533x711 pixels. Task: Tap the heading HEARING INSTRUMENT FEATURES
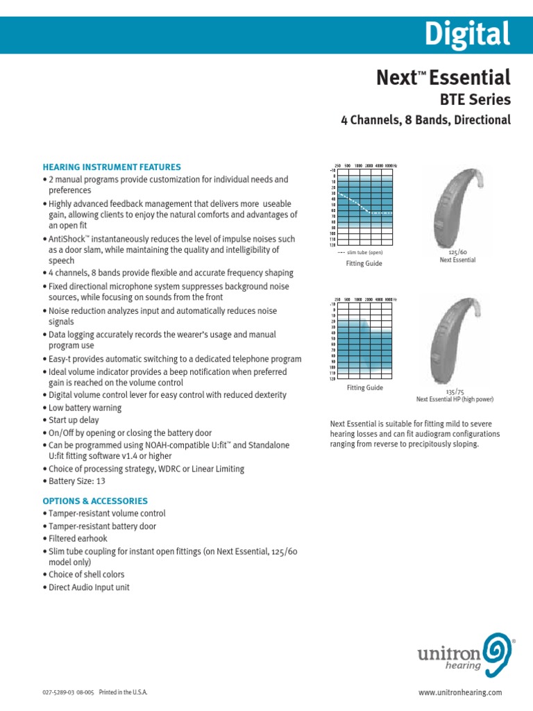tap(112, 167)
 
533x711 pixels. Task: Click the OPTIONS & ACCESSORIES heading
tap(95, 501)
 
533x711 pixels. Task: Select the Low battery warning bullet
tap(85, 408)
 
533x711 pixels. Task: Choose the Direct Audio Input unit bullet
tap(89, 587)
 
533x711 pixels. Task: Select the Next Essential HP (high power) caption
tap(455, 399)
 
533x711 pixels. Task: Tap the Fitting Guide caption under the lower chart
tap(364, 387)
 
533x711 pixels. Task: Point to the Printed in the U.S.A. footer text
tap(124, 693)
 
